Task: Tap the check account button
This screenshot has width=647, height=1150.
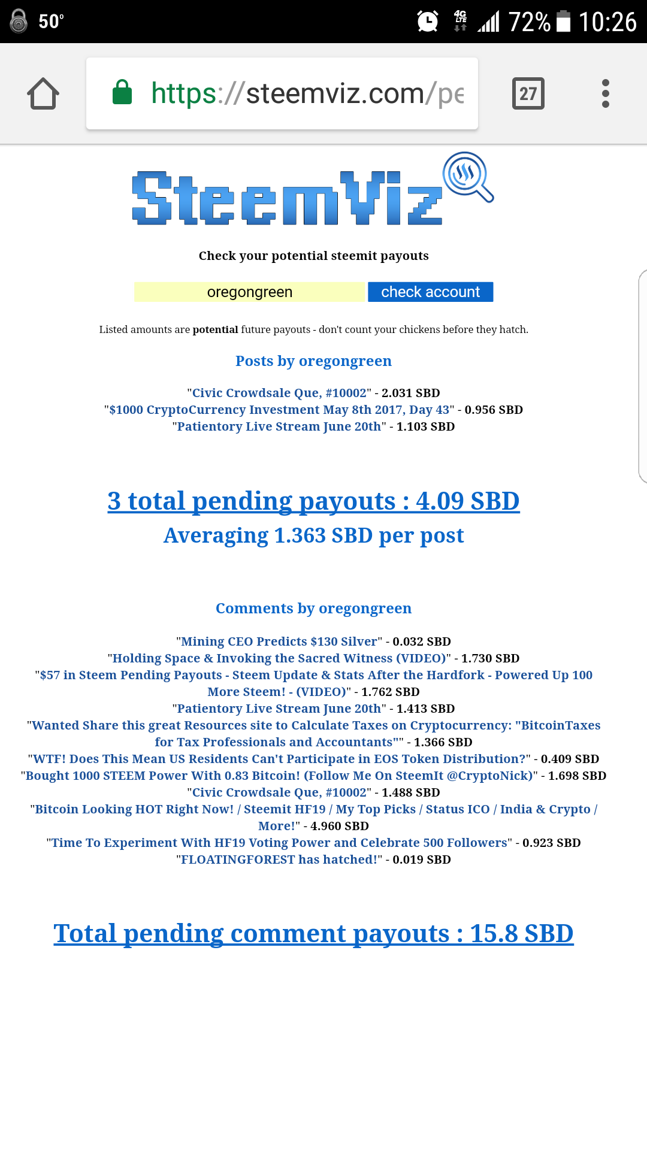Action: coord(430,292)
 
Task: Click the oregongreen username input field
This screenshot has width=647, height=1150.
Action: coord(249,292)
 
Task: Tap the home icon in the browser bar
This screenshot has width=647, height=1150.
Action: coord(43,93)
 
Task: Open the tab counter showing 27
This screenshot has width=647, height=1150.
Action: coord(528,93)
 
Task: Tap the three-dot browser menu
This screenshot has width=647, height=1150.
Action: coord(605,93)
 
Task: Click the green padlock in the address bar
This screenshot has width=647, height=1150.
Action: coord(122,93)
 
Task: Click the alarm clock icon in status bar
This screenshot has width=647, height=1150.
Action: coord(428,22)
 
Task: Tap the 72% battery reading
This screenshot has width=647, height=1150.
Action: coord(530,22)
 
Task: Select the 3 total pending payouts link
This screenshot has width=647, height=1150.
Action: coord(313,501)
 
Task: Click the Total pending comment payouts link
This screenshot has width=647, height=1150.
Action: coord(313,933)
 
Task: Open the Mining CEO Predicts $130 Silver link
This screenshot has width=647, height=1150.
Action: coord(279,641)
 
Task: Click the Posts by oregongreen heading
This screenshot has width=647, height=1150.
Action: coord(313,361)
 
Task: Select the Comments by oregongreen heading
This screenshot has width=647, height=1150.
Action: coord(313,609)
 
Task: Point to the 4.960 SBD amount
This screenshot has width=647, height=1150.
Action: coord(339,826)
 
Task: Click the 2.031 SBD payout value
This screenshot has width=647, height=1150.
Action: coord(410,393)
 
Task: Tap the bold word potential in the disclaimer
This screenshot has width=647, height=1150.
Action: coord(215,329)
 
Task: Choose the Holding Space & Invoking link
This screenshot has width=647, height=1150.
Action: coord(279,658)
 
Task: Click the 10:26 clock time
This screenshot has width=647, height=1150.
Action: coord(607,22)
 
